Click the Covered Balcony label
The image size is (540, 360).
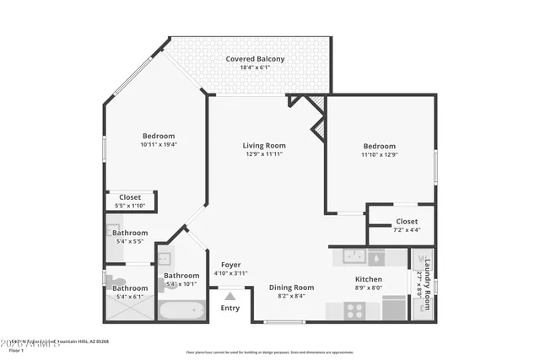(x=254, y=59)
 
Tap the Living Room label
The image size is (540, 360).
(x=265, y=145)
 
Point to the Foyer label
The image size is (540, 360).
(x=230, y=265)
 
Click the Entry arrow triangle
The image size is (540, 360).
(x=229, y=295)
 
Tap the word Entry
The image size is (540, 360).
(x=229, y=308)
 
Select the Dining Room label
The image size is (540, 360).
(x=292, y=287)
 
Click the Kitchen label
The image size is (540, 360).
(x=368, y=279)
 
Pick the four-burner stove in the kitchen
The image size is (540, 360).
(x=354, y=309)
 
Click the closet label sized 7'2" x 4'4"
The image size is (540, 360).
(x=407, y=222)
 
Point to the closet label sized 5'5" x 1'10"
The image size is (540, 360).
(x=130, y=196)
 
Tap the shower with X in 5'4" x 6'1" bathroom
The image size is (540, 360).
(x=128, y=309)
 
